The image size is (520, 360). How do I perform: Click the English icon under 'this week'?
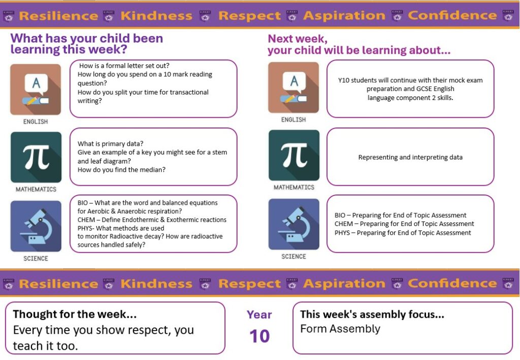pos(36,89)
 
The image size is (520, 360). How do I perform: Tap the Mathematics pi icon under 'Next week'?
pos(294,155)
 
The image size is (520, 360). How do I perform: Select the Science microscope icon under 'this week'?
pos(36,226)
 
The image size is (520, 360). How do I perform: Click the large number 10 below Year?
pos(259,336)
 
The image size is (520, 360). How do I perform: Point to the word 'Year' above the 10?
pos(259,315)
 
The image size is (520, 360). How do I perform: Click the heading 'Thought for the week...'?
pos(75,314)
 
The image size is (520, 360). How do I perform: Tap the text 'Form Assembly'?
pos(340,329)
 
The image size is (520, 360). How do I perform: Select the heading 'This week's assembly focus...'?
pos(372,314)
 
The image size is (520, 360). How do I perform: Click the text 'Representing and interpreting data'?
pos(410,157)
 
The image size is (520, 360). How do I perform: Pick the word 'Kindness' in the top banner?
pos(156,16)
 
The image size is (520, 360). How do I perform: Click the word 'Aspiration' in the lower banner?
pos(344,283)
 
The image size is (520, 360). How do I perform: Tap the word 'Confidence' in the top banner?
pos(452,15)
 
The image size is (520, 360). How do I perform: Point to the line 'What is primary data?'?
pos(110,144)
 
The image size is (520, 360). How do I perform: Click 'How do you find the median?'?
pos(121,170)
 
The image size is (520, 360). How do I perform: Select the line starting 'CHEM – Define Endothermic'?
pos(152,220)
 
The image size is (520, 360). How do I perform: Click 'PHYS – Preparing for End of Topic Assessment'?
pos(403,233)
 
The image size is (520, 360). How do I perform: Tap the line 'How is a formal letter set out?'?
pos(124,66)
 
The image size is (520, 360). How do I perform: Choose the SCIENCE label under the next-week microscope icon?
pos(294,256)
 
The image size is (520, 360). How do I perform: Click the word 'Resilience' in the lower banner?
pos(58,284)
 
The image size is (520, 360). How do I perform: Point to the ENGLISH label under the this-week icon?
pos(36,122)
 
